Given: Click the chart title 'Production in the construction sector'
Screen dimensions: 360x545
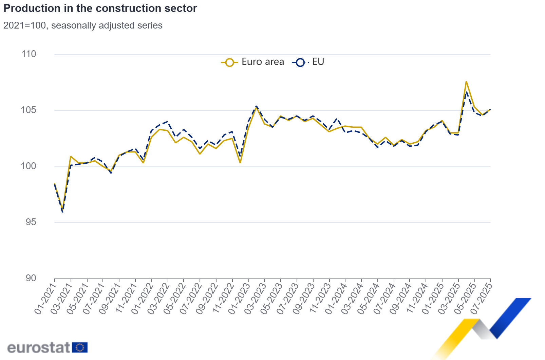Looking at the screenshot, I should (x=100, y=8).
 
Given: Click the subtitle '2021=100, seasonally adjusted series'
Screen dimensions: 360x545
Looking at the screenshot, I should (x=83, y=25).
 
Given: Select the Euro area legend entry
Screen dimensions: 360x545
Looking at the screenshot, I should (x=253, y=62).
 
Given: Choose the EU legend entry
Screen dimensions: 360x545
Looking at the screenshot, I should (x=308, y=62).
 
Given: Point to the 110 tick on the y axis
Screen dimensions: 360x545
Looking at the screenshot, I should (x=29, y=54).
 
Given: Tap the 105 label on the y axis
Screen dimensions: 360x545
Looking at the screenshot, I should (x=29, y=110).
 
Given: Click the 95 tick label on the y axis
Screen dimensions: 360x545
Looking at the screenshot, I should (x=31, y=222).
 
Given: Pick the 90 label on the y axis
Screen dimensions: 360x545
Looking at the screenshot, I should (x=31, y=278).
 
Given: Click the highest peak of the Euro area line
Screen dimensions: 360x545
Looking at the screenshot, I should (x=466, y=82).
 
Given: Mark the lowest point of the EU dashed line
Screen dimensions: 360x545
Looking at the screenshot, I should (x=63, y=212).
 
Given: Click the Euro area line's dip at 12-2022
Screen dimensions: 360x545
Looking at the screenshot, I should (x=240, y=163).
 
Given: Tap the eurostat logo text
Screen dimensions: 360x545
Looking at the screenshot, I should (x=39, y=348).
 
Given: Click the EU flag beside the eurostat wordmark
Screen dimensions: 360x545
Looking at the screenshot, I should (x=80, y=347).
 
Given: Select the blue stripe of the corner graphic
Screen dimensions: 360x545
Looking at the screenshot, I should (x=509, y=316).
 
